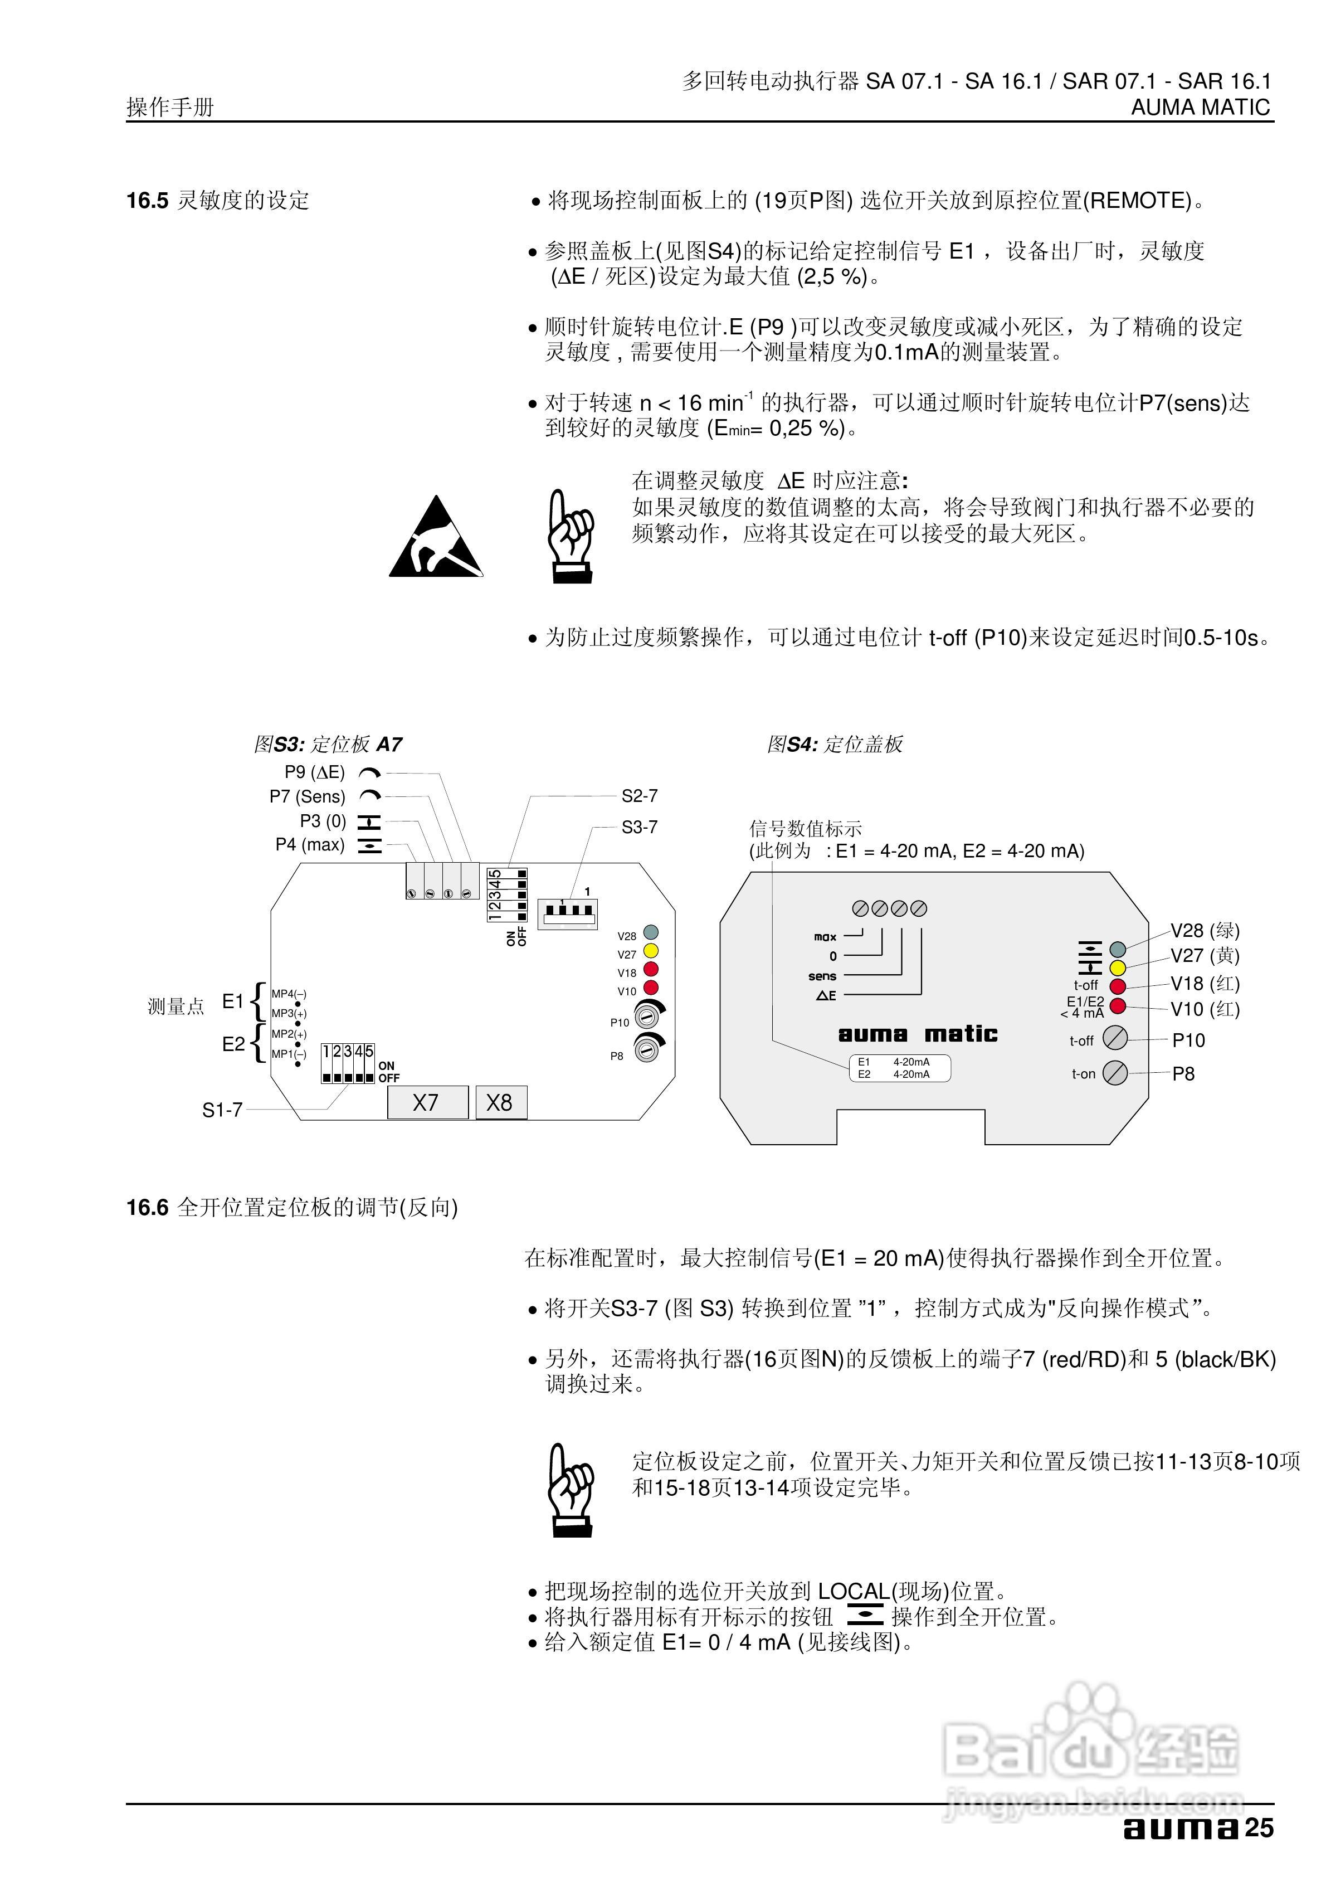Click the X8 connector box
coord(501,1103)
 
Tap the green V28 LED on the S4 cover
coord(1118,949)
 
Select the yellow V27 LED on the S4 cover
coord(1118,969)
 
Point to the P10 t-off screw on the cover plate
coord(1115,1038)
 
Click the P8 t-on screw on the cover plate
coord(1115,1073)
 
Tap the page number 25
coord(1260,1828)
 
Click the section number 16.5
coord(147,200)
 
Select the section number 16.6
coord(147,1208)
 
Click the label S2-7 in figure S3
coord(639,795)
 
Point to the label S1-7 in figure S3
coord(222,1110)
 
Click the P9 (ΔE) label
coord(315,772)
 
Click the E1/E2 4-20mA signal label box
coord(899,1068)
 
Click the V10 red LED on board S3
coord(651,988)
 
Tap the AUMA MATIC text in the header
coord(1201,107)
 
